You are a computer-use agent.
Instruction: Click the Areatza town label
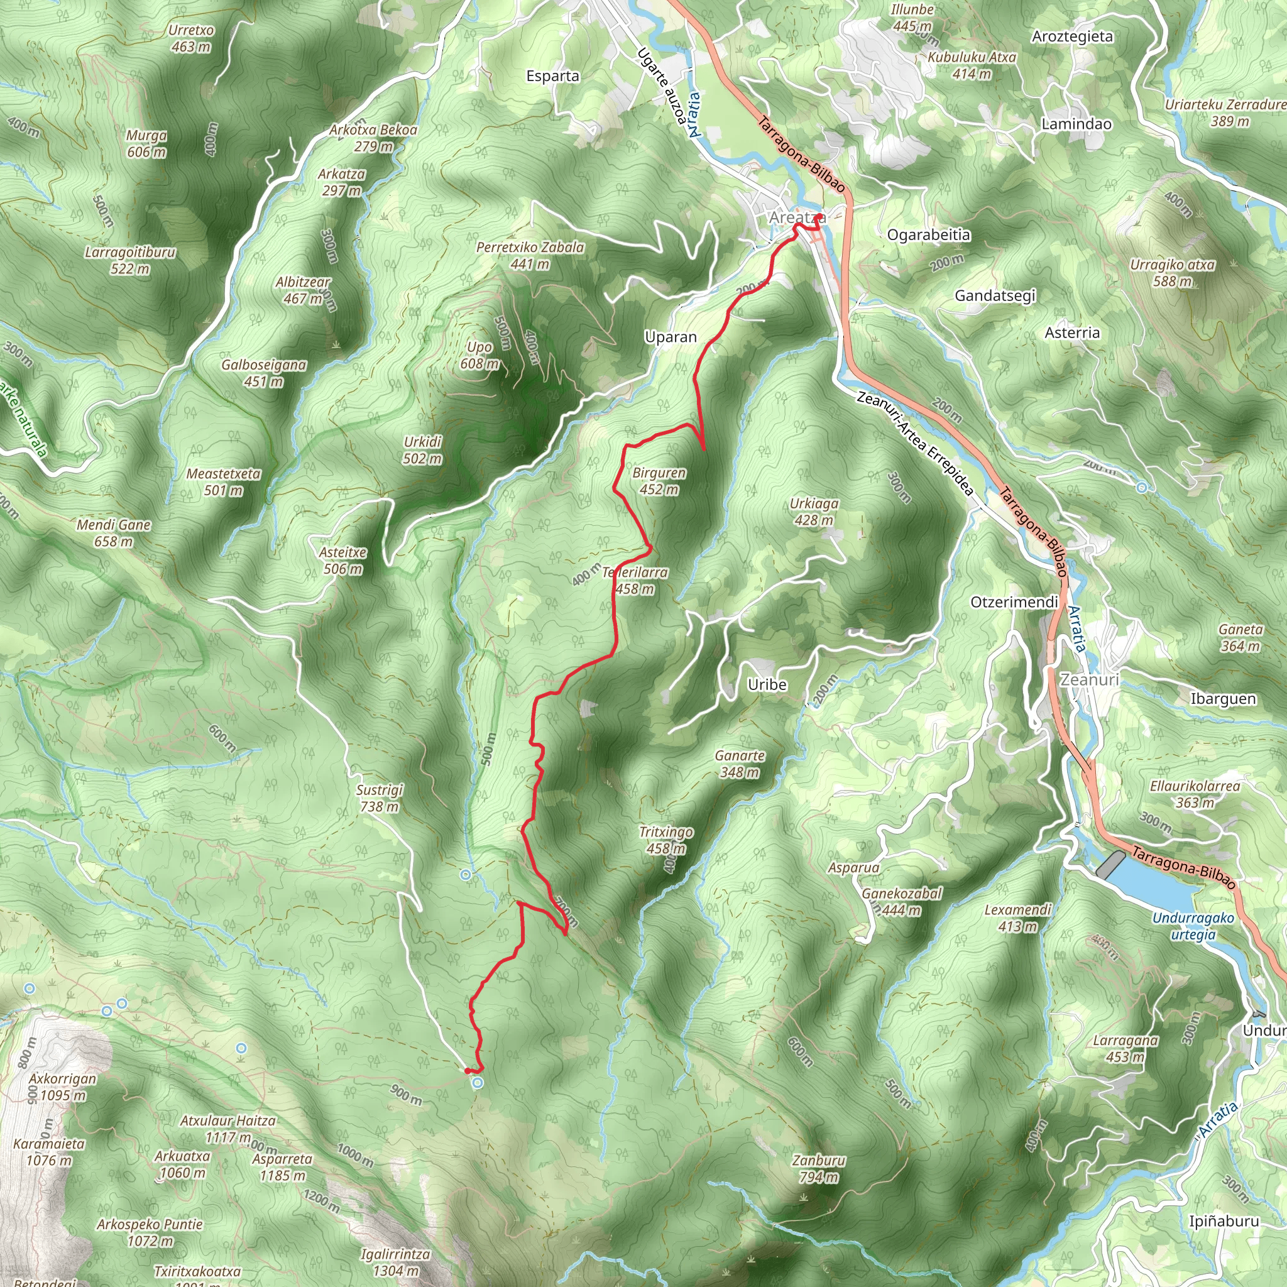tap(797, 218)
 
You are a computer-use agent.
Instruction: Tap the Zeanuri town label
tap(1089, 679)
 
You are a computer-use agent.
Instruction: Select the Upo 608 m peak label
tap(479, 356)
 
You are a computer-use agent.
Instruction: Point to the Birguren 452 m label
tap(659, 481)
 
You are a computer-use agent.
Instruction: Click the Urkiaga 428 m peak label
tap(813, 512)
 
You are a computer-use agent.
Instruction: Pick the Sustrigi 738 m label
tap(380, 798)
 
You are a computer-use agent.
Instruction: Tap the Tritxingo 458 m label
tap(665, 840)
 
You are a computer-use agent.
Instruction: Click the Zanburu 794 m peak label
tap(819, 1168)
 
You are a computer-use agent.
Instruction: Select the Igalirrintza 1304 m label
tap(396, 1262)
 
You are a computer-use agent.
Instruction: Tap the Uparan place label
tap(670, 337)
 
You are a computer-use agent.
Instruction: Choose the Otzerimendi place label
tap(1014, 602)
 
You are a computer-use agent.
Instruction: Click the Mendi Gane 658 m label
tap(114, 533)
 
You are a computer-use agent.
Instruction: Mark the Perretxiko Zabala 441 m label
tap(530, 256)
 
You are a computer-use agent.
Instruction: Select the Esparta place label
tap(552, 76)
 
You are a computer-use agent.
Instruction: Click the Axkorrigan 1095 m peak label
tap(63, 1087)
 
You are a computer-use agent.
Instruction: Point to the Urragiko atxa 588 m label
tap(1172, 273)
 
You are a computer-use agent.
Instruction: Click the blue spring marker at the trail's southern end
tap(478, 1084)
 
